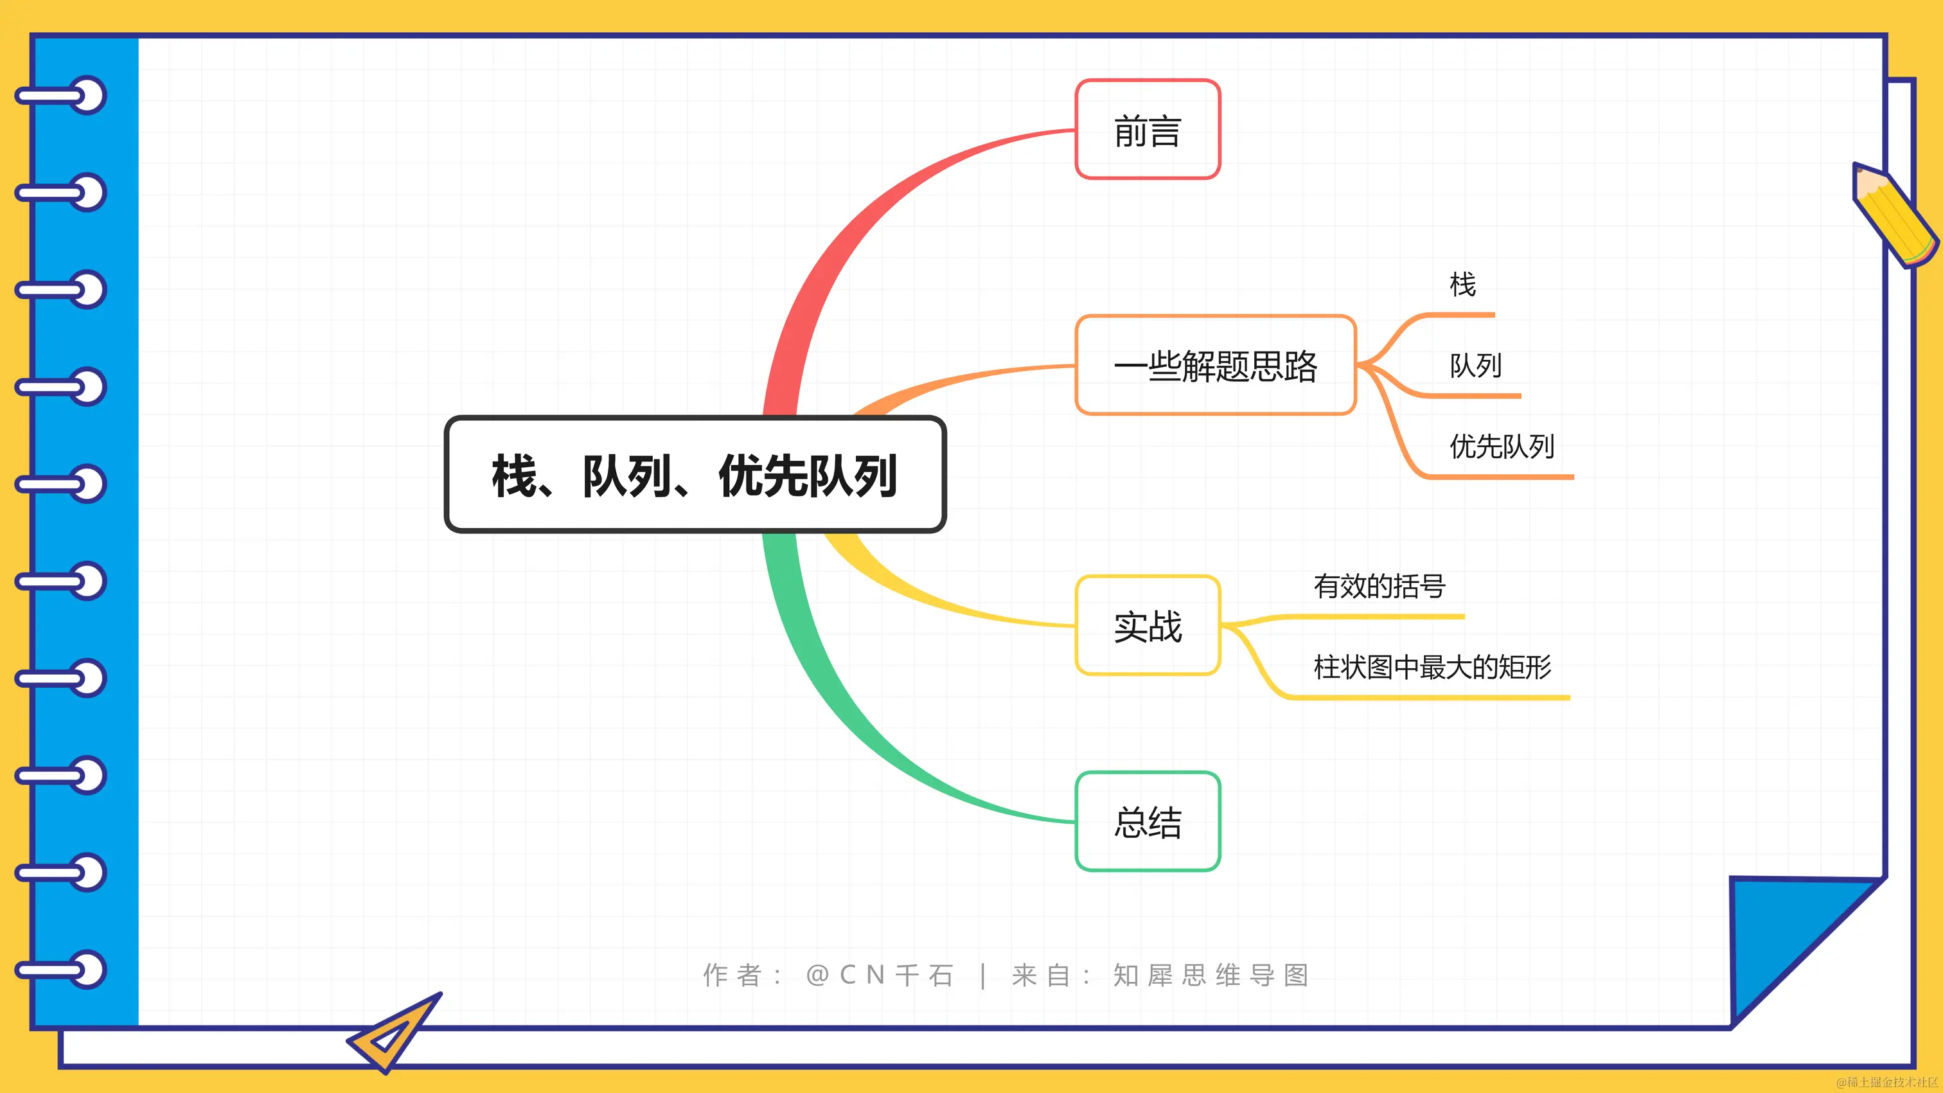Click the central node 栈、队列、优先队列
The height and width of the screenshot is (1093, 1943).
pos(695,475)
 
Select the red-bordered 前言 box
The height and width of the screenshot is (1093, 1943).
pos(1148,130)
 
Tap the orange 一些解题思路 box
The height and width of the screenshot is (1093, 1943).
pos(1215,366)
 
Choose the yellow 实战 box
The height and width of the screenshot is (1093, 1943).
pos(1148,626)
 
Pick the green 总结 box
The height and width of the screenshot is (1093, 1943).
pos(1148,821)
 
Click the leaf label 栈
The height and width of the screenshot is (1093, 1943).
pos(1462,285)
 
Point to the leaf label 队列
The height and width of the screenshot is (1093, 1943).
pos(1475,366)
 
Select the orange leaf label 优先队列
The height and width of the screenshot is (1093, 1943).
pos(1502,447)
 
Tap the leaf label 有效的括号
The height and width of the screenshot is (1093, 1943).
pos(1379,586)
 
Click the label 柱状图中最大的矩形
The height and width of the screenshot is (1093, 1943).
pos(1432,667)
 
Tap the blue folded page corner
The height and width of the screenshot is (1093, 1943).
pos(1788,936)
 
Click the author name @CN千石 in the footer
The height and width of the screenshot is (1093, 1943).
pos(880,975)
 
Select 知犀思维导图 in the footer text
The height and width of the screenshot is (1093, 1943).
pos(1211,975)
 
